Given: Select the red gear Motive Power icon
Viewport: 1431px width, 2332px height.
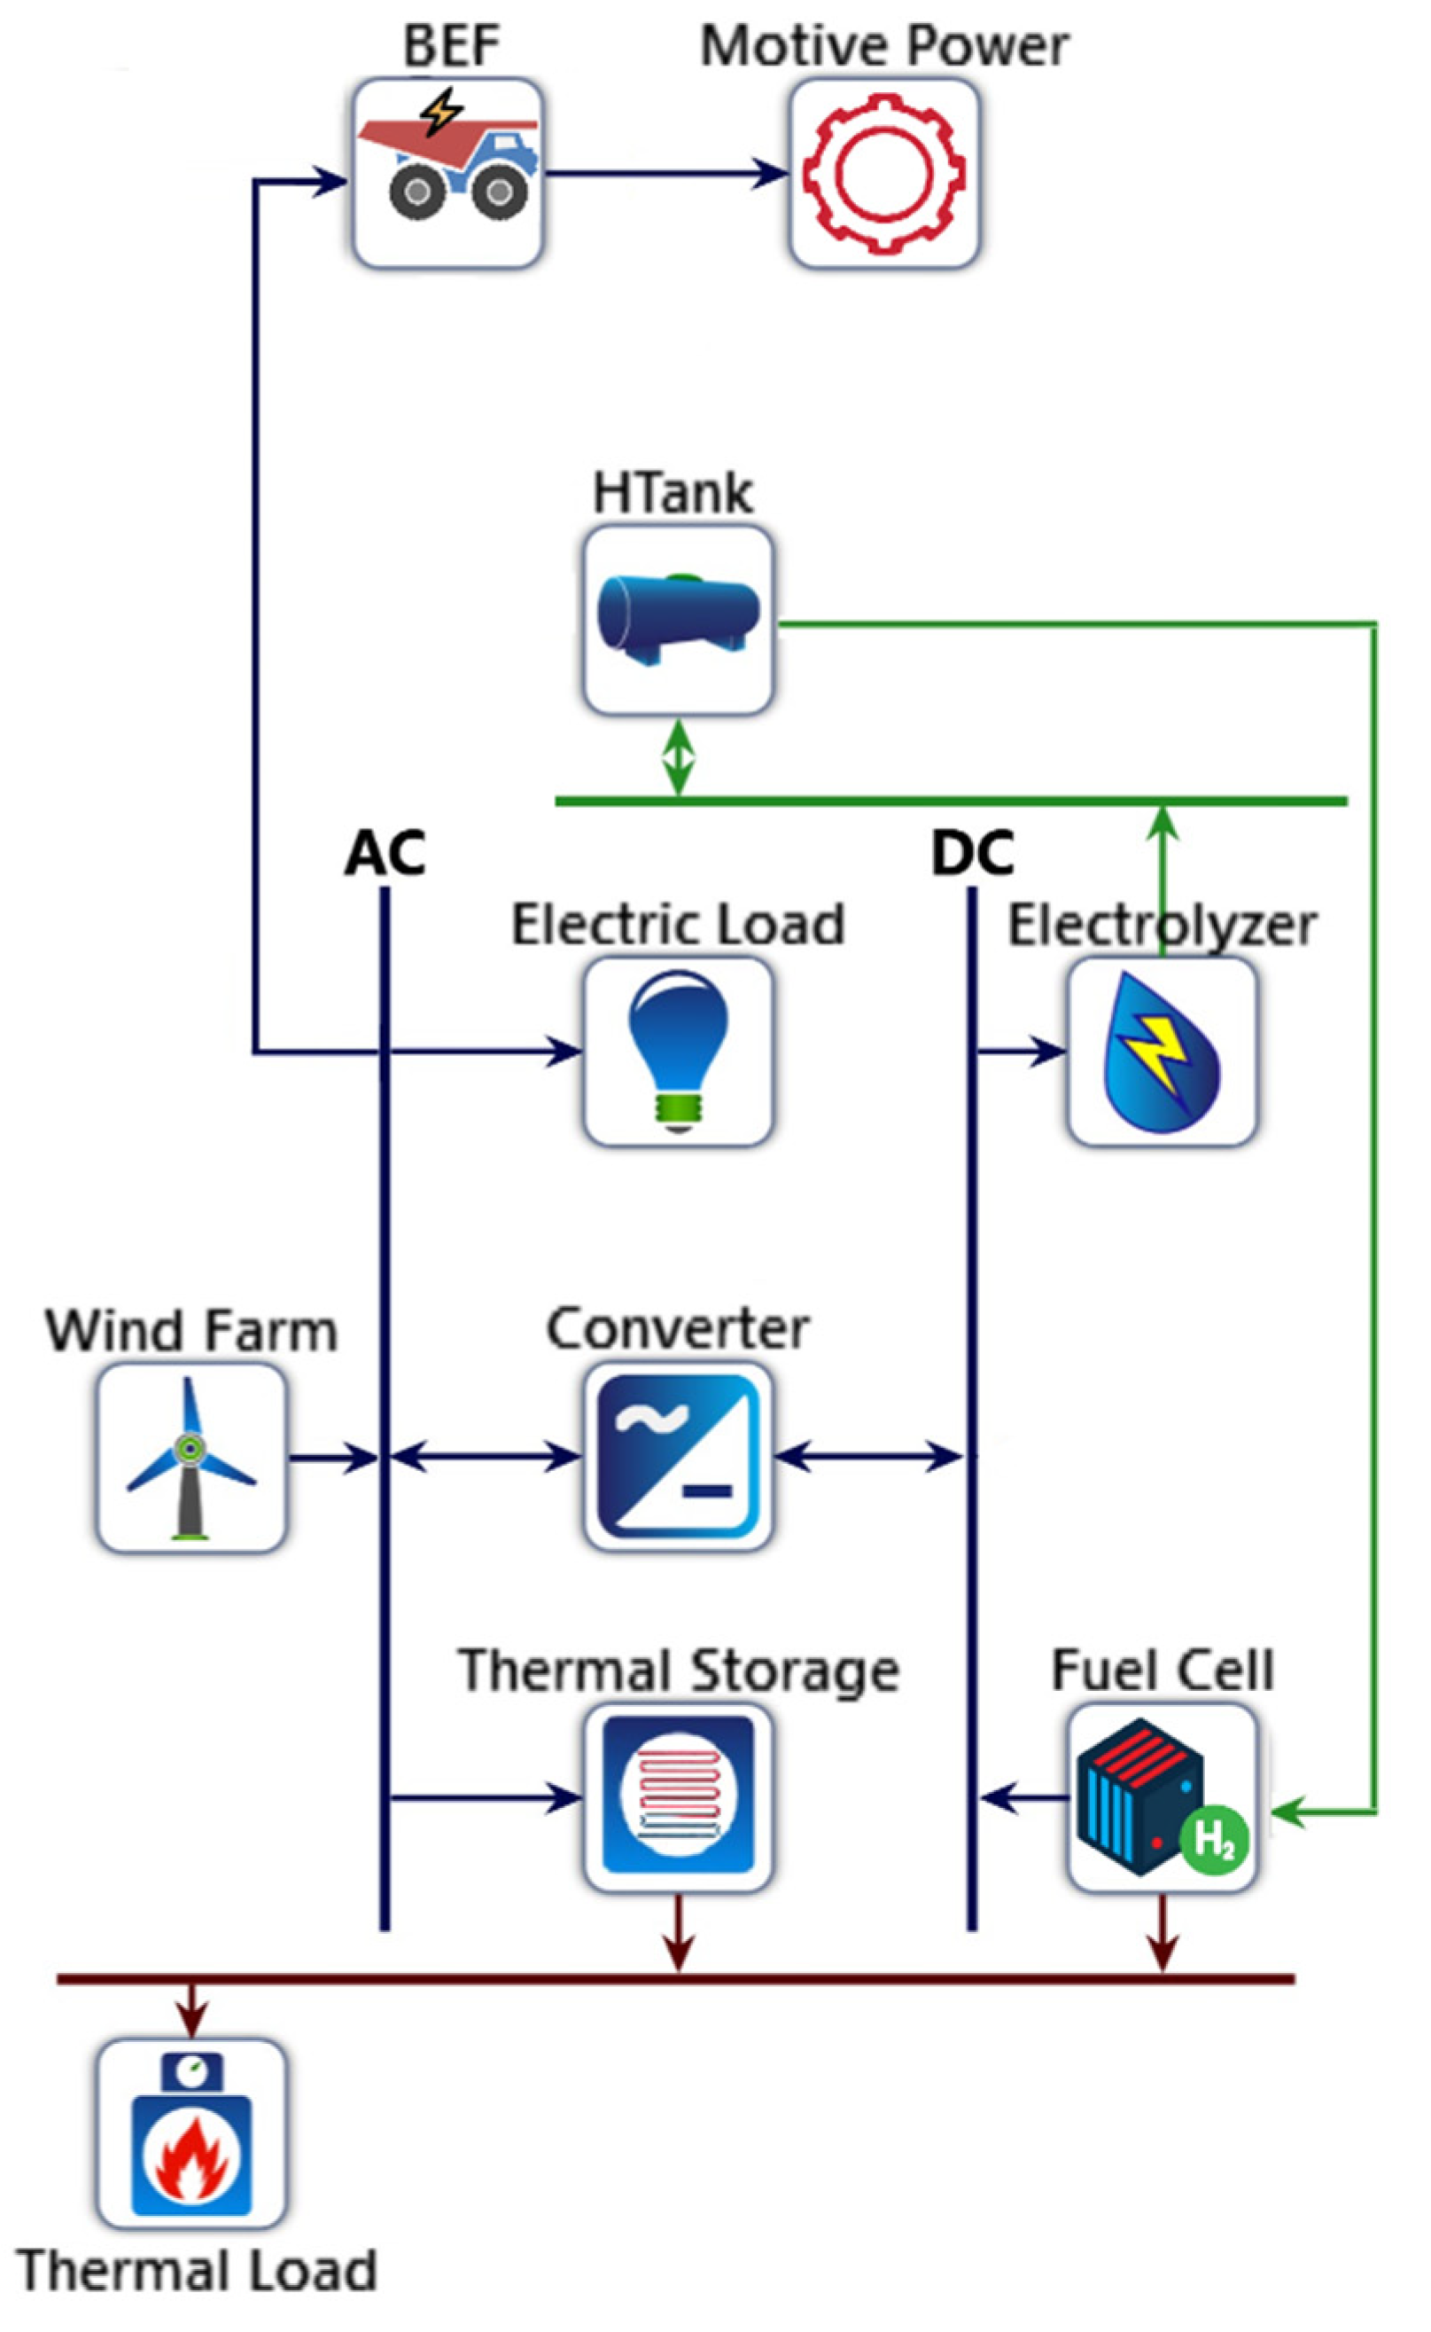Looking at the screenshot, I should pos(884,172).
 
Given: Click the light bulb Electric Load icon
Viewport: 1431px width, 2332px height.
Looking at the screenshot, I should pos(678,1051).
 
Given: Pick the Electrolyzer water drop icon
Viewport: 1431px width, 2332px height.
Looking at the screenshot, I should pos(1163,1051).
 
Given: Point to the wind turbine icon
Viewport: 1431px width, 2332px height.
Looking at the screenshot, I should pos(191,1457).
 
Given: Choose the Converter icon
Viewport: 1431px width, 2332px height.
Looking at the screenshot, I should pos(678,1456).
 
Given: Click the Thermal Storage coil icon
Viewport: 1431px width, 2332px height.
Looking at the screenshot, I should pos(678,1796).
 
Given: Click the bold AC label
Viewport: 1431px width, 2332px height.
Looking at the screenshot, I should pos(385,853).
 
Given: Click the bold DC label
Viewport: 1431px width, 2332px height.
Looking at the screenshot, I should pos(972,853).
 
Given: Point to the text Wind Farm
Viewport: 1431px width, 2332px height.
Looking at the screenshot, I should pos(191,1330).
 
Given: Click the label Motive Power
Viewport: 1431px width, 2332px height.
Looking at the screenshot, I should pos(884,45).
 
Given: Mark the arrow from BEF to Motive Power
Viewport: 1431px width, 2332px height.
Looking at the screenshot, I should pos(667,173).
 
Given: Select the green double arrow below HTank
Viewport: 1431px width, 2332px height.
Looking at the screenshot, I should pos(678,757).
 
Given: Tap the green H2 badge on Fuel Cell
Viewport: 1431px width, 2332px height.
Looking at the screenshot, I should pos(1214,1840).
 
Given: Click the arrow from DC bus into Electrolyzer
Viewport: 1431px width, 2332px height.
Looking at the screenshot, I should pos(1023,1051).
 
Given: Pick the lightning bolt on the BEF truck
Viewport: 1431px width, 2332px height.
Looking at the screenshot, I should pos(441,111).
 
